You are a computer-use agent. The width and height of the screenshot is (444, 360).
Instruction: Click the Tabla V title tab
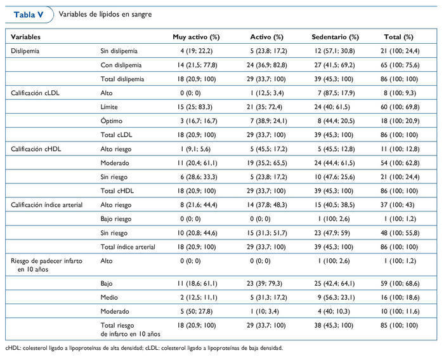click(27, 13)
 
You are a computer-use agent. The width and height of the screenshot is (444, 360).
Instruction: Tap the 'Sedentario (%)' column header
click(336, 37)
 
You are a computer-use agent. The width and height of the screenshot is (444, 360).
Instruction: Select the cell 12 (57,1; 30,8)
click(336, 50)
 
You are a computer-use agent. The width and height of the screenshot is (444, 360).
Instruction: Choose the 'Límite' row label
click(110, 107)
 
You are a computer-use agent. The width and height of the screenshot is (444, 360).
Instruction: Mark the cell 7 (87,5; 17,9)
click(336, 93)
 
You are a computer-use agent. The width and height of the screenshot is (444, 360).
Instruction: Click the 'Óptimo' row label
click(112, 121)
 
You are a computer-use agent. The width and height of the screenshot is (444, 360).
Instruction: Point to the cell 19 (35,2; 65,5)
click(267, 163)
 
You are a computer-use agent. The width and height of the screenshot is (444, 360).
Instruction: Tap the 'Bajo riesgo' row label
click(118, 218)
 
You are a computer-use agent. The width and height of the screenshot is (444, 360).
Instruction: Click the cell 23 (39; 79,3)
click(267, 283)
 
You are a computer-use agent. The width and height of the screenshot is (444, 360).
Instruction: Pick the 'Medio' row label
click(110, 297)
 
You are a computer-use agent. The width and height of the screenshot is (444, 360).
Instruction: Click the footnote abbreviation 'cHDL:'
click(13, 348)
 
